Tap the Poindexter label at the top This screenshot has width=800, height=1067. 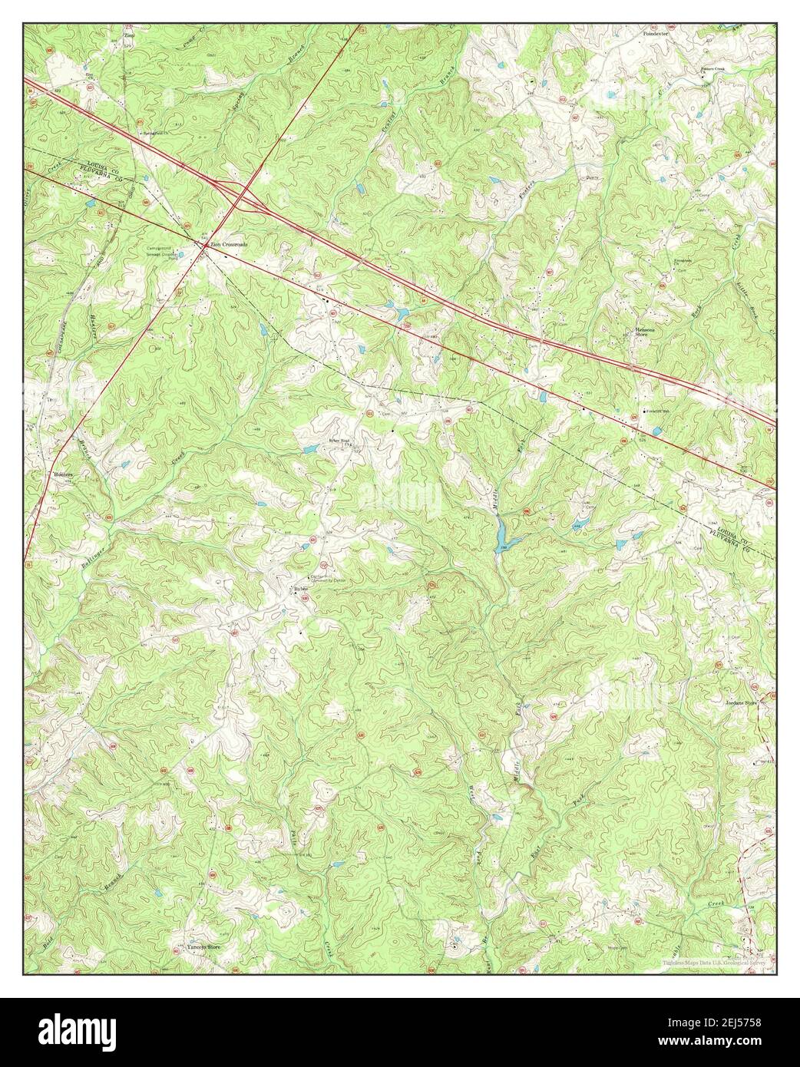click(x=655, y=35)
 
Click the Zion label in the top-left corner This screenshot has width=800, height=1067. click(x=129, y=35)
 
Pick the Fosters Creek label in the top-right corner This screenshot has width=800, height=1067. click(x=711, y=68)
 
